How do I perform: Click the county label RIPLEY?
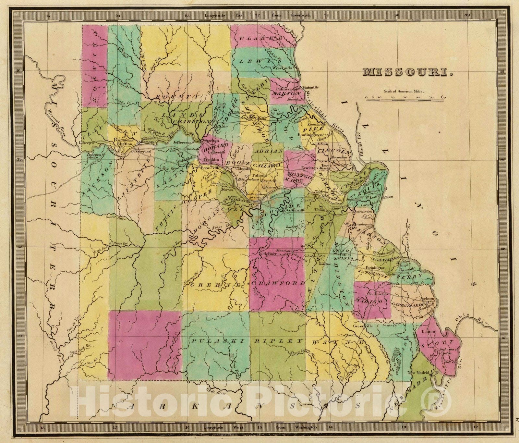click(279, 341)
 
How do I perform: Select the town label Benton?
click(427, 332)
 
